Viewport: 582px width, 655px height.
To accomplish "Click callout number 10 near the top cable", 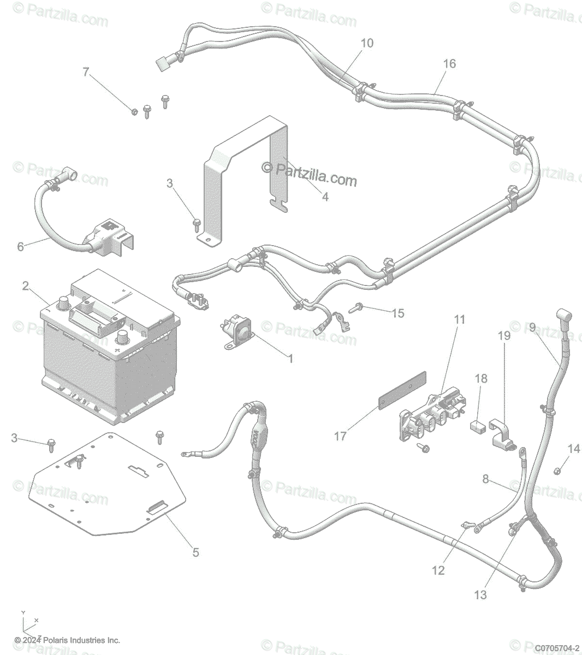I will [367, 43].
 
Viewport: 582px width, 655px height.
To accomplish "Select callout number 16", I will [449, 64].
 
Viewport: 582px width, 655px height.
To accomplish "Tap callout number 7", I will [86, 72].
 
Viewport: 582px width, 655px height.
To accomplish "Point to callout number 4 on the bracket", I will [325, 197].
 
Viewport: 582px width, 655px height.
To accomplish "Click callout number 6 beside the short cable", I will [20, 247].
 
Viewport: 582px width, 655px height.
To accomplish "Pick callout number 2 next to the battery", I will [25, 285].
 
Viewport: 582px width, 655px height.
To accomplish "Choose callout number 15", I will [398, 313].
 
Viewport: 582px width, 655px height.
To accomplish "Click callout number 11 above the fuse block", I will [460, 319].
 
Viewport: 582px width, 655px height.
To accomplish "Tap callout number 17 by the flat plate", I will [341, 436].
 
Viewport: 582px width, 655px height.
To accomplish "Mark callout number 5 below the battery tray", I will [195, 552].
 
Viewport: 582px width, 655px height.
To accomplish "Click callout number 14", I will [573, 449].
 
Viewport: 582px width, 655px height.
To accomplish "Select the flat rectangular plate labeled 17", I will [402, 390].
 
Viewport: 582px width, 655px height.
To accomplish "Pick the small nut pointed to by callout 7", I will [134, 112].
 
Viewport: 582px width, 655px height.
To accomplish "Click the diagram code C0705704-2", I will [557, 648].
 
